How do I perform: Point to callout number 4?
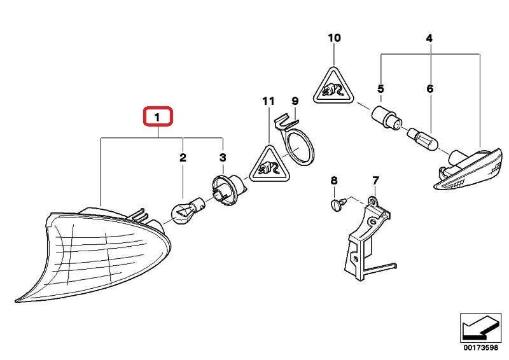pyautogui.click(x=429, y=39)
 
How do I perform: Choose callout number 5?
pyautogui.click(x=381, y=89)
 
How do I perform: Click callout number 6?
pyautogui.click(x=429, y=89)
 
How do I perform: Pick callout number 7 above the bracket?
pyautogui.click(x=375, y=181)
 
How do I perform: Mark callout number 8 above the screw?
pyautogui.click(x=334, y=181)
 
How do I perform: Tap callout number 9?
pyautogui.click(x=295, y=101)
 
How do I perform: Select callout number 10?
pyautogui.click(x=335, y=38)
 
